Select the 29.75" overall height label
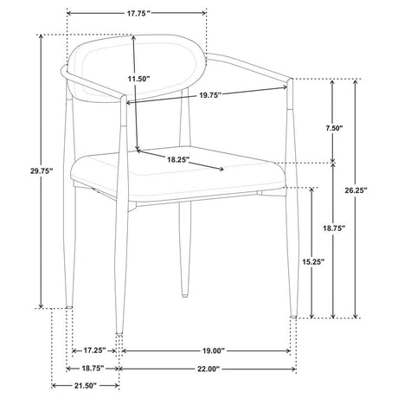point(42,170)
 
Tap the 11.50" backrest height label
point(139,79)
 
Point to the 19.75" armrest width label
point(210,95)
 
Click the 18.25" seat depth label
point(178,159)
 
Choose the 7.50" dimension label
point(334,128)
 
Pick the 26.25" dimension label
point(356,190)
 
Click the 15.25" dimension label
point(313,261)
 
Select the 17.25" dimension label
point(95,350)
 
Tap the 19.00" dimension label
point(213,350)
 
